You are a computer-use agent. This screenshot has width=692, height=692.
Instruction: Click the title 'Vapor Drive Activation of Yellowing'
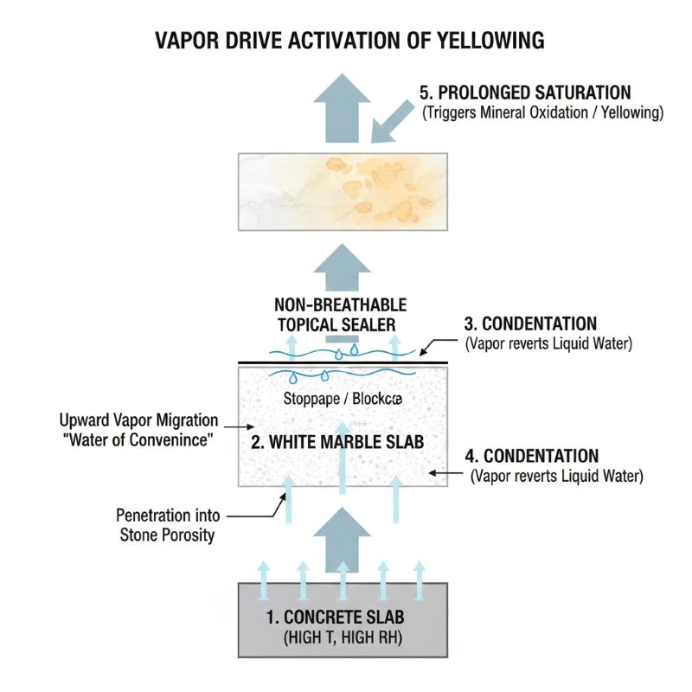click(x=349, y=40)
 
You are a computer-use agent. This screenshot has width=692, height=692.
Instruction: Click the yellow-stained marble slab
click(x=343, y=189)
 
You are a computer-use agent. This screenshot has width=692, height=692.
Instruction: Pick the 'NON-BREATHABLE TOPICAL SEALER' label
click(x=340, y=315)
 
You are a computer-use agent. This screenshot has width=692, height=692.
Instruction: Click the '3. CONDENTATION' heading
click(x=530, y=324)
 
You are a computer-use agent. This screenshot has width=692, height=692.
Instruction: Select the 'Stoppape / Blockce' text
click(x=343, y=400)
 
